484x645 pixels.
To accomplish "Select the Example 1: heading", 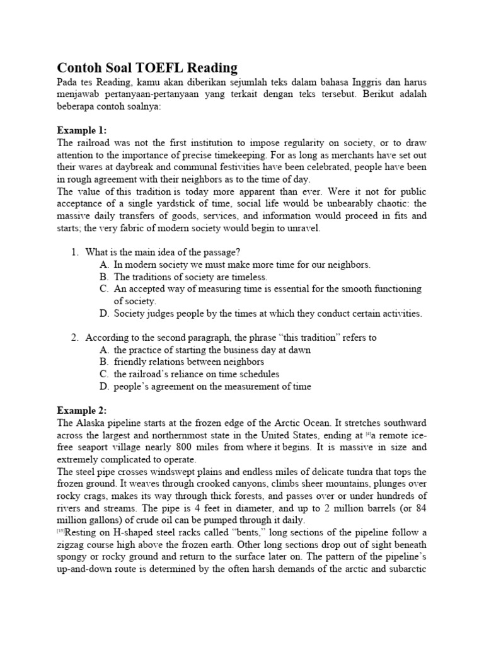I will point(81,131).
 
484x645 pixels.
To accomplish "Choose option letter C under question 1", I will point(104,289).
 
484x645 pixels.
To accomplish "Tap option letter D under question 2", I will point(104,386).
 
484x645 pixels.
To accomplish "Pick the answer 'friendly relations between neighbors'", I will point(189,362).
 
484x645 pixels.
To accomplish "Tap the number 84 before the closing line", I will point(418,508).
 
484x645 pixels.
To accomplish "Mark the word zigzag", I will point(71,545).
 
